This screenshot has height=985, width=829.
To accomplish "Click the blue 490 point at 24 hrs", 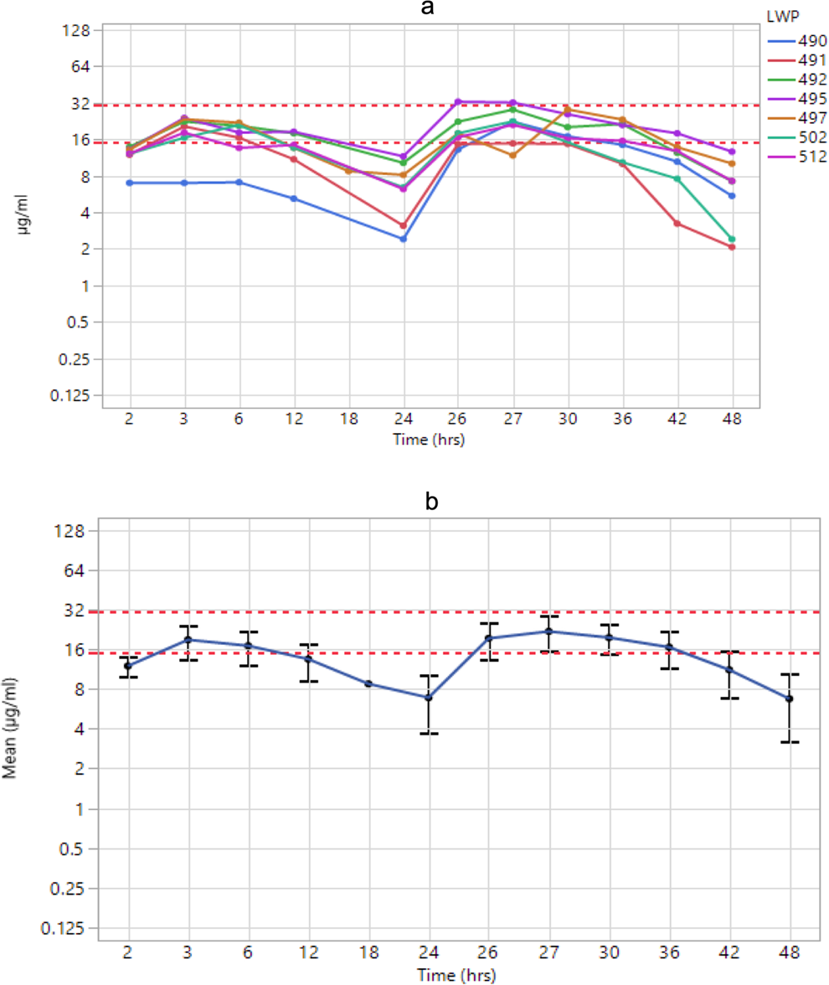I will [404, 239].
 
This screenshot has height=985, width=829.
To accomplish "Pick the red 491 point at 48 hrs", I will [732, 247].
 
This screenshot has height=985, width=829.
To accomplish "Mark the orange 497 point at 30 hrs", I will [568, 109].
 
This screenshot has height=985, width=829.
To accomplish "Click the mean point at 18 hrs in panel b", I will [368, 683].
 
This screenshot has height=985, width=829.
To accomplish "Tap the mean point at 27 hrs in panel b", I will [548, 632].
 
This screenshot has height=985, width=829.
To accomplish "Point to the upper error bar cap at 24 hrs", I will [428, 675].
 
